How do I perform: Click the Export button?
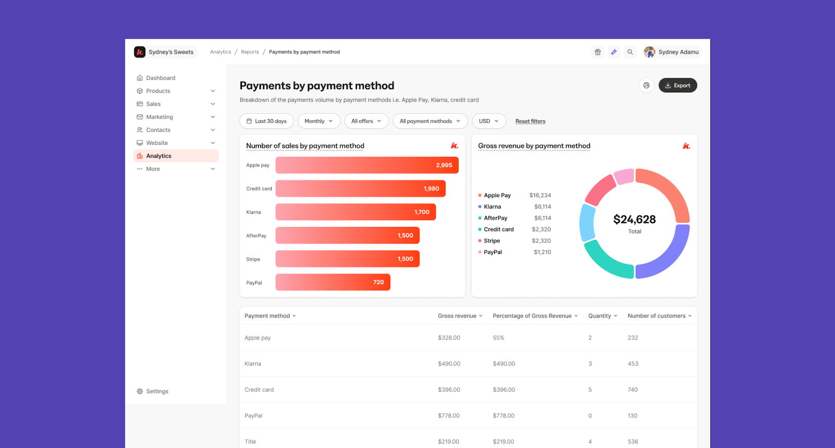coord(677,86)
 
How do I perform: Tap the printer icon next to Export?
coord(646,86)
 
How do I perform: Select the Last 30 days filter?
coord(267,121)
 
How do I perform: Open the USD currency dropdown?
coord(488,121)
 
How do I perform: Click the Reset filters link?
coord(530,121)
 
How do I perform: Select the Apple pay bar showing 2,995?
coord(367,165)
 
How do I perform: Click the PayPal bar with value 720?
coord(332,282)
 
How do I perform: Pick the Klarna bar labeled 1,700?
coord(355,212)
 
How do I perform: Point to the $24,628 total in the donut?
coord(635,220)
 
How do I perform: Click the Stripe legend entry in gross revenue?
coord(492,240)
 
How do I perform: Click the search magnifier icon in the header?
coord(630,52)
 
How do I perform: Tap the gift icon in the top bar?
coord(598,52)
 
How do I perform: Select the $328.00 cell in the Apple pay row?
coord(449,338)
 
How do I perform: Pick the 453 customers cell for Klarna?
coord(633,364)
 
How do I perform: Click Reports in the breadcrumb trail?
coord(250,52)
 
